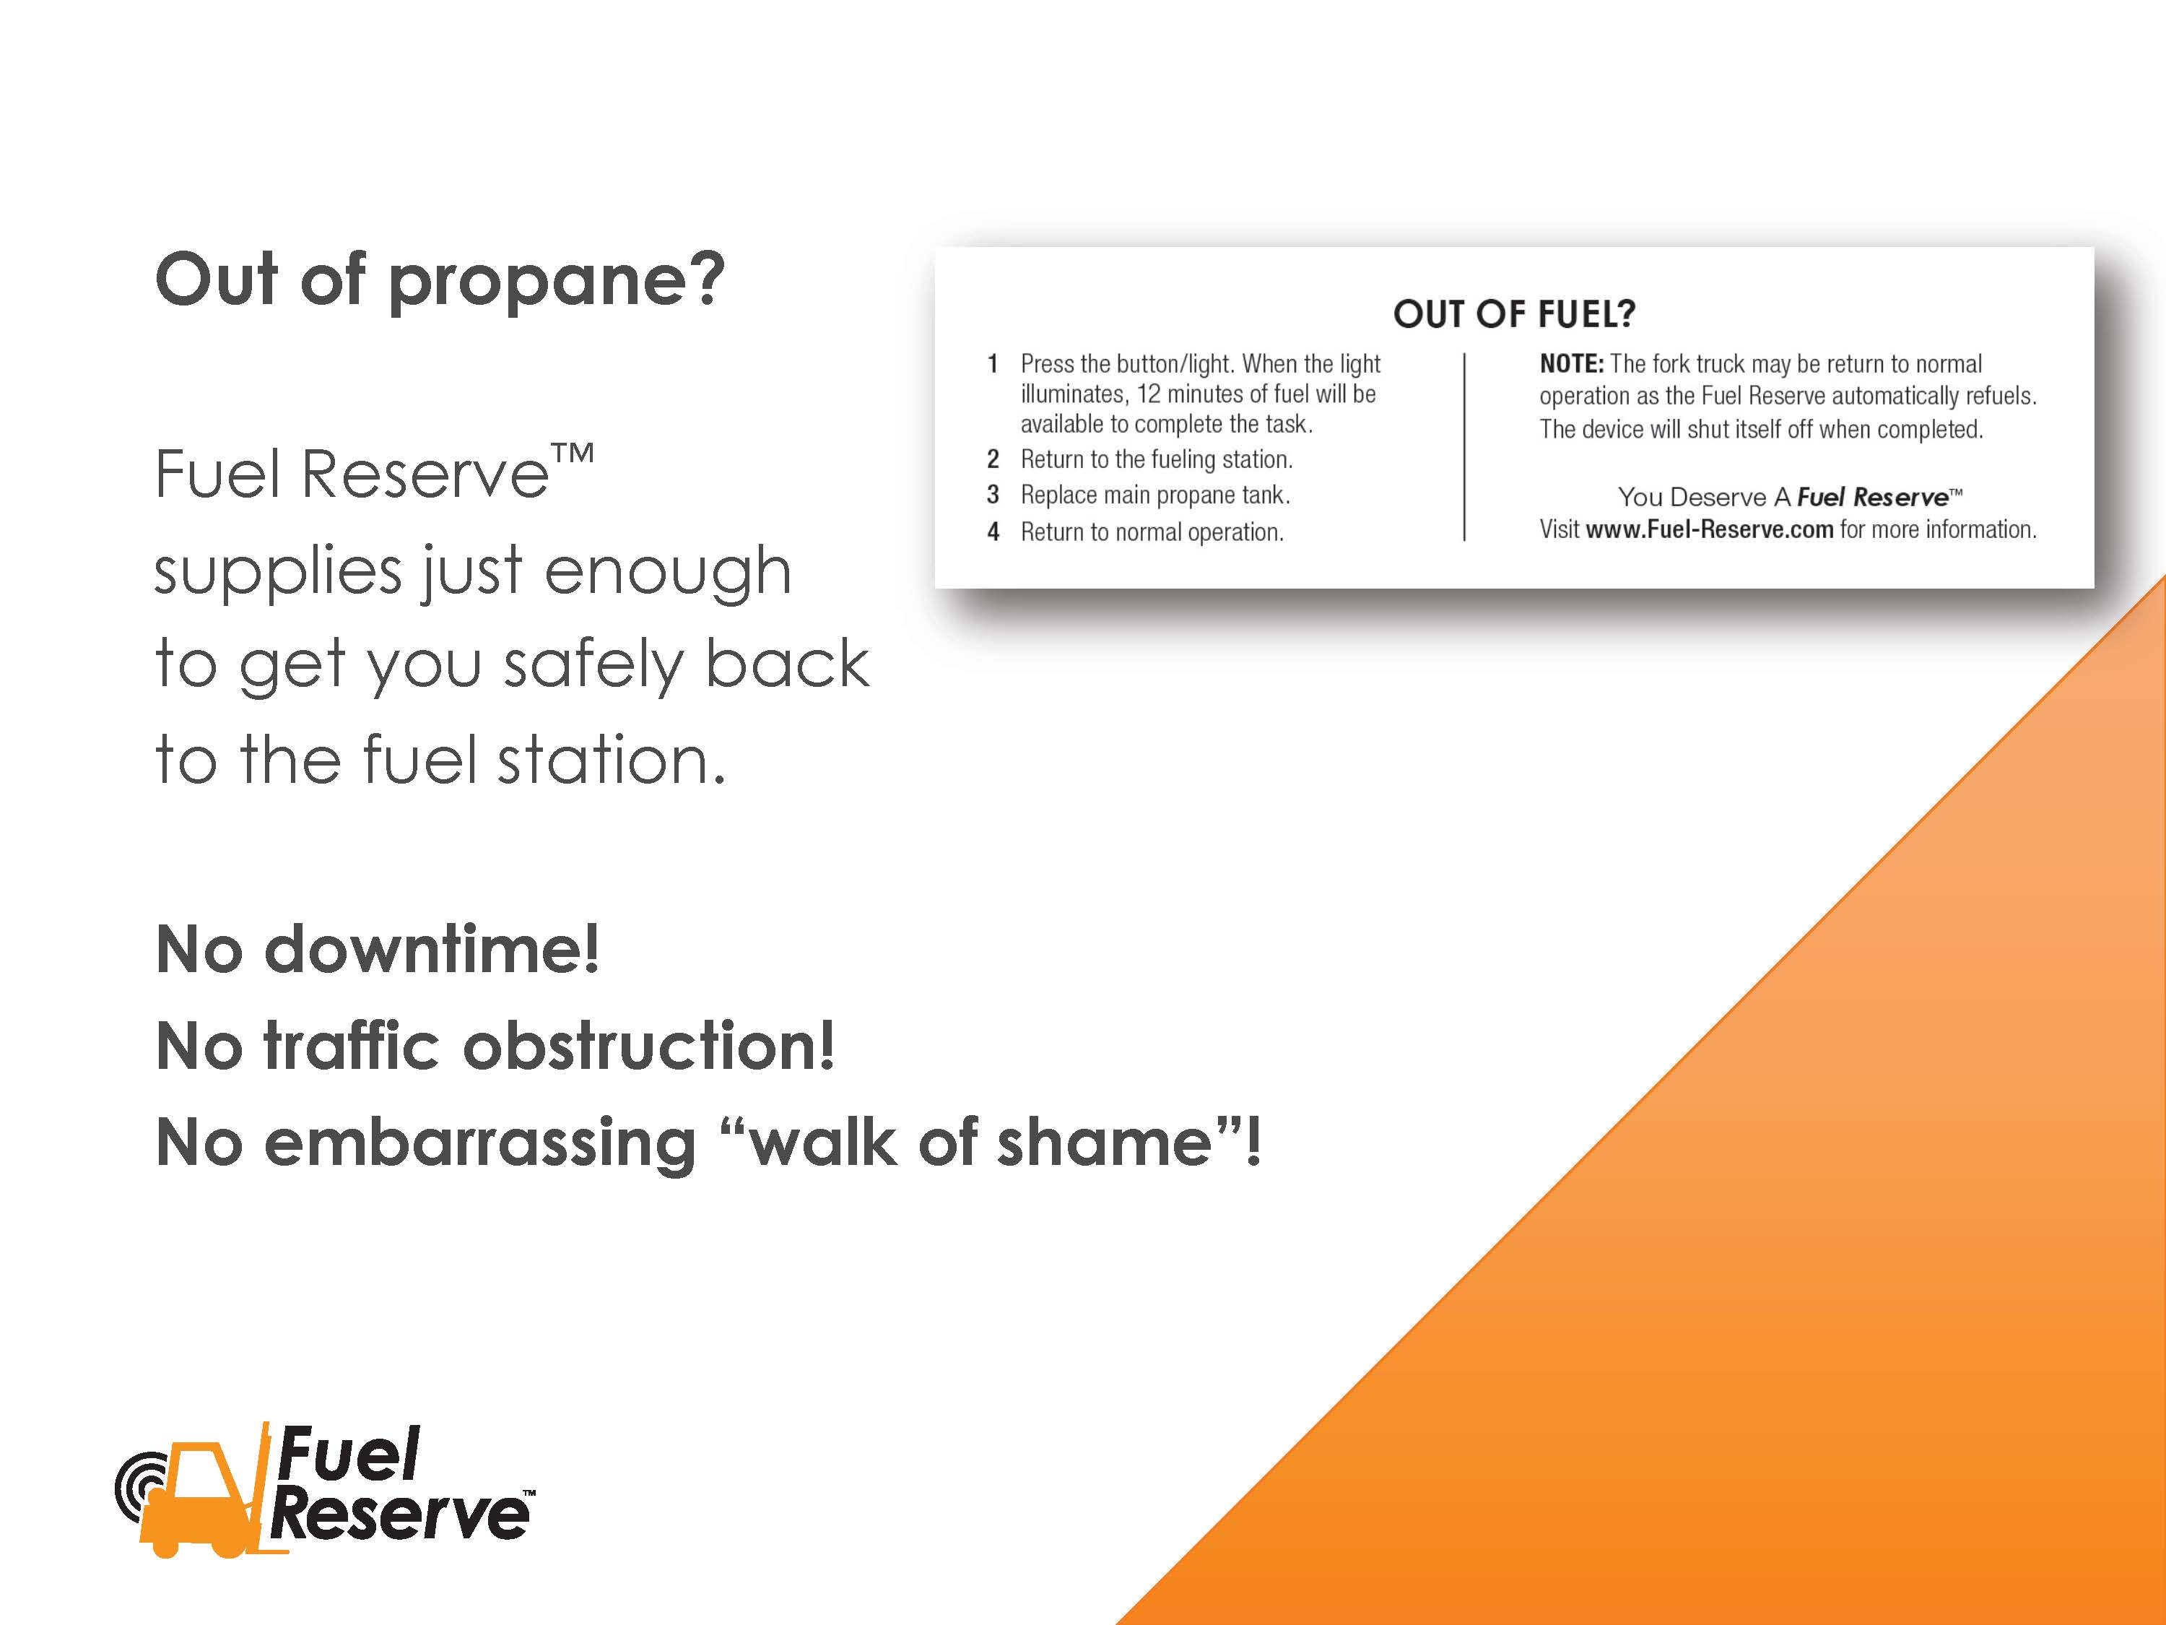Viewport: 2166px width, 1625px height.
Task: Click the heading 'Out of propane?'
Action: (440, 281)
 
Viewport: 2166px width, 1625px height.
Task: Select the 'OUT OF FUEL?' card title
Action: (1514, 314)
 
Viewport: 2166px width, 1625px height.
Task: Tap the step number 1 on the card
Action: (993, 365)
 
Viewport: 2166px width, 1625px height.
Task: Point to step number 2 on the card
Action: (993, 459)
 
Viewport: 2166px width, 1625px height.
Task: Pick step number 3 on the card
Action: (993, 495)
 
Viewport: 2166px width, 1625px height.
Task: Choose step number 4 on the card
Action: (993, 532)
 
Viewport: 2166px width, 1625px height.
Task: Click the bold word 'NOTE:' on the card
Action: (1570, 365)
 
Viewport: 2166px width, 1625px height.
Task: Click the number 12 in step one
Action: (1148, 395)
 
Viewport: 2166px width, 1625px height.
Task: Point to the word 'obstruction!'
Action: (648, 1046)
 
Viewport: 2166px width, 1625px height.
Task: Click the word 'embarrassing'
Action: (480, 1143)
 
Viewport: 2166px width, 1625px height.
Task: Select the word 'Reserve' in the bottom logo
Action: (399, 1514)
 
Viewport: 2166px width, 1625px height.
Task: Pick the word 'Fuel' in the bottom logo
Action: (349, 1455)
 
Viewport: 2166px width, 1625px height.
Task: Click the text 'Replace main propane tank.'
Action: (1154, 495)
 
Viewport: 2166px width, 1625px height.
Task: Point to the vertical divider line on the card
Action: (1464, 446)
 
